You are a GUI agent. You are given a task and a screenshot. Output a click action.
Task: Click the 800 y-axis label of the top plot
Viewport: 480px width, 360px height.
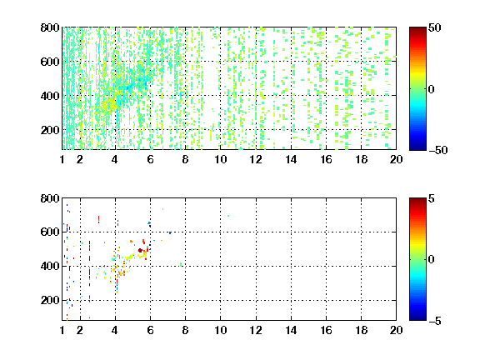pyautogui.click(x=50, y=27)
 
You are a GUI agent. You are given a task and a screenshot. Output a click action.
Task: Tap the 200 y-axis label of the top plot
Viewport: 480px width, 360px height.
pyautogui.click(x=50, y=130)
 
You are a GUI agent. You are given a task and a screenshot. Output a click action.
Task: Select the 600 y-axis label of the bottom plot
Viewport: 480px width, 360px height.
pyautogui.click(x=50, y=232)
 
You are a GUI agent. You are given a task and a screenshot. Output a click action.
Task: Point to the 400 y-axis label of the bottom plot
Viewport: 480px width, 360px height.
pyautogui.click(x=50, y=266)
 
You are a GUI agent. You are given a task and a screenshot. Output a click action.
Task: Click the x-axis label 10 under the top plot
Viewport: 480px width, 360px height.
pyautogui.click(x=220, y=159)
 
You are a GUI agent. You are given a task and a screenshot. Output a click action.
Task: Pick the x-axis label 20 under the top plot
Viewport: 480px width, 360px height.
pyautogui.click(x=396, y=159)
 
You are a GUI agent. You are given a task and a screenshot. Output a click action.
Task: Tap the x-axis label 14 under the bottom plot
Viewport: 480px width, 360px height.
pyautogui.click(x=291, y=330)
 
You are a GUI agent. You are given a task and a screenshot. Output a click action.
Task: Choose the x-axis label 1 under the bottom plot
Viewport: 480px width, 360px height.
pyautogui.click(x=62, y=330)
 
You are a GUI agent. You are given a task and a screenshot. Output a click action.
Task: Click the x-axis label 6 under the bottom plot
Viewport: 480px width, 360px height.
pyautogui.click(x=150, y=330)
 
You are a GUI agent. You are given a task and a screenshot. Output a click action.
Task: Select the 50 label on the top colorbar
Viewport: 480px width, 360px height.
pyautogui.click(x=434, y=27)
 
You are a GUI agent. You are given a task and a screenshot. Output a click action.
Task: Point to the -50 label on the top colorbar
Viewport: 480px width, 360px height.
pyautogui.click(x=438, y=150)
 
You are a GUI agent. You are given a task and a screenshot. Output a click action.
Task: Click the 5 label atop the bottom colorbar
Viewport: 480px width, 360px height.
pyautogui.click(x=432, y=198)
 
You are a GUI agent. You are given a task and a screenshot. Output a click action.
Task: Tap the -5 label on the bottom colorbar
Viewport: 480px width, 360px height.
pyautogui.click(x=435, y=321)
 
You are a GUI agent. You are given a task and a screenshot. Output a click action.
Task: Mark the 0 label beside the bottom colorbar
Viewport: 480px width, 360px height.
pyautogui.click(x=431, y=260)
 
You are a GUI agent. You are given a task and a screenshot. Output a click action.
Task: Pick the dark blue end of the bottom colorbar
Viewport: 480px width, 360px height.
pyautogui.click(x=417, y=318)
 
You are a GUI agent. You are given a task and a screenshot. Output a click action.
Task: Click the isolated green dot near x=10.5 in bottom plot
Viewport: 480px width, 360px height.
pyautogui.click(x=228, y=216)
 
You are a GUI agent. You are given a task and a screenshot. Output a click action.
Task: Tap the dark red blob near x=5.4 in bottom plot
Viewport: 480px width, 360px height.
pyautogui.click(x=140, y=250)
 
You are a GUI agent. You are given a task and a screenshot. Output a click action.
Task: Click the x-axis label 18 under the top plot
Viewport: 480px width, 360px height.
pyautogui.click(x=361, y=159)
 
